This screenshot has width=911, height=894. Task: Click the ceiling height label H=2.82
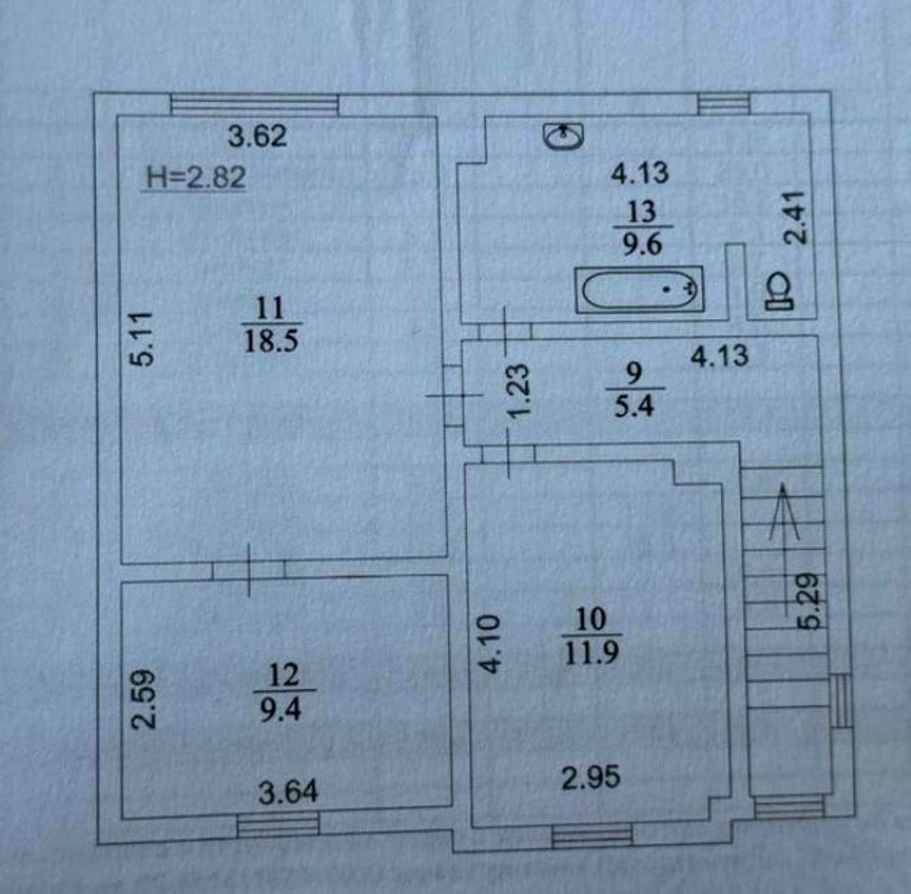(197, 178)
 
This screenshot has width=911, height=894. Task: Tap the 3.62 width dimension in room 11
(258, 136)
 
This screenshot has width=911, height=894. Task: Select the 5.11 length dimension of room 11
(142, 339)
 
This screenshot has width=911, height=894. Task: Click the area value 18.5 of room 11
(271, 340)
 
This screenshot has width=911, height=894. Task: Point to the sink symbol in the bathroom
(564, 136)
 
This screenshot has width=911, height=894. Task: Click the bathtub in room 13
(640, 290)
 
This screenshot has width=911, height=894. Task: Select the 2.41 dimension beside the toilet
(795, 218)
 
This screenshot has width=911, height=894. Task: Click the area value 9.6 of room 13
(642, 245)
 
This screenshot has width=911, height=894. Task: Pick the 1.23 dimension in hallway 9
(519, 390)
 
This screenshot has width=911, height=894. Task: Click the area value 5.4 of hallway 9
(634, 406)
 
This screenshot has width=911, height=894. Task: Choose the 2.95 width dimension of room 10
(591, 778)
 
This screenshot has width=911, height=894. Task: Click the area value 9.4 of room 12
(281, 711)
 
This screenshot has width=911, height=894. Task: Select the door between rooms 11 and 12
(249, 570)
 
